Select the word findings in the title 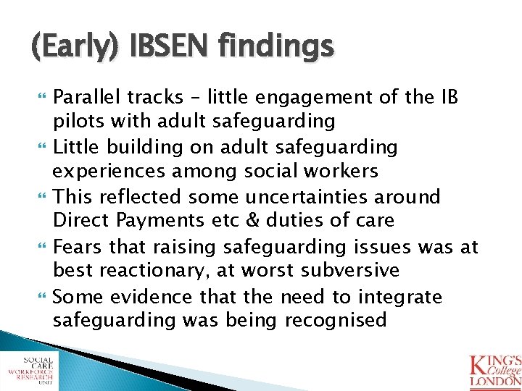(278, 47)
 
